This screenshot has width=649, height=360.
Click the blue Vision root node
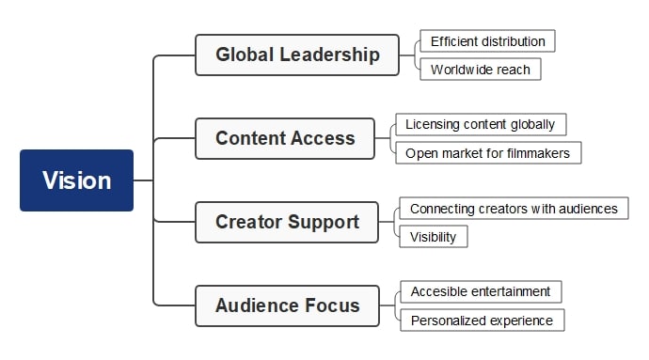[77, 180]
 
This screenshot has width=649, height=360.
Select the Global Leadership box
[297, 55]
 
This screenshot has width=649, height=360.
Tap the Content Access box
[285, 138]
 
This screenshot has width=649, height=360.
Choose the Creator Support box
[287, 222]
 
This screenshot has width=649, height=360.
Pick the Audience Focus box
[287, 305]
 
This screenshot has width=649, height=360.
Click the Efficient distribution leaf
[487, 41]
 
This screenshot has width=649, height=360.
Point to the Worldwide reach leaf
[480, 70]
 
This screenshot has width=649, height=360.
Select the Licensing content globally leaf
[480, 124]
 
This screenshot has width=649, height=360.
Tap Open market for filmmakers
[487, 152]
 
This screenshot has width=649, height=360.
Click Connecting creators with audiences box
[514, 209]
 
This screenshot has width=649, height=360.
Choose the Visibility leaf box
[433, 237]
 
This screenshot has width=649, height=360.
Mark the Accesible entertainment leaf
[480, 291]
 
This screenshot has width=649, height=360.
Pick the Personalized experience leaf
[482, 321]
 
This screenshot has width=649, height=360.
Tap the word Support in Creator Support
[324, 222]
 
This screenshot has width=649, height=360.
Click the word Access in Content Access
[323, 138]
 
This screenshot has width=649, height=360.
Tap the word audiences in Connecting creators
[588, 209]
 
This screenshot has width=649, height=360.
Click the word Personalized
[446, 321]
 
